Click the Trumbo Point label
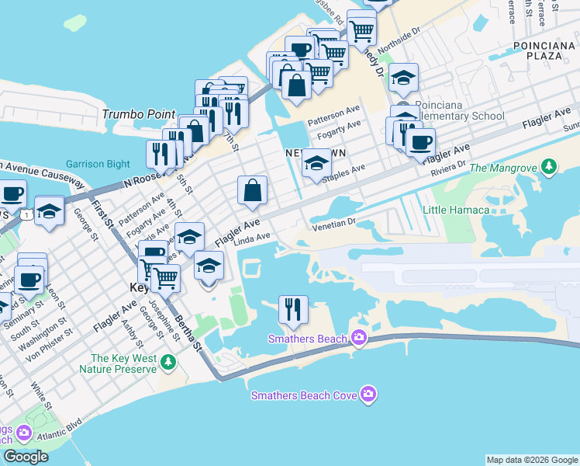[x=139, y=114]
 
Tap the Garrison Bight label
[x=92, y=164]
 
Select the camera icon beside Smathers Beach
[x=358, y=337]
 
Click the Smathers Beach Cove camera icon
[x=368, y=395]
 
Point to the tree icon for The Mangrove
[x=549, y=167]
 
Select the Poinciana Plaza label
[x=543, y=53]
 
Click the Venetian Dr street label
[x=333, y=224]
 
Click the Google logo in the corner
[x=26, y=457]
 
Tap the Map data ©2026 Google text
[x=531, y=460]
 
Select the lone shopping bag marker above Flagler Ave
[x=252, y=190]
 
